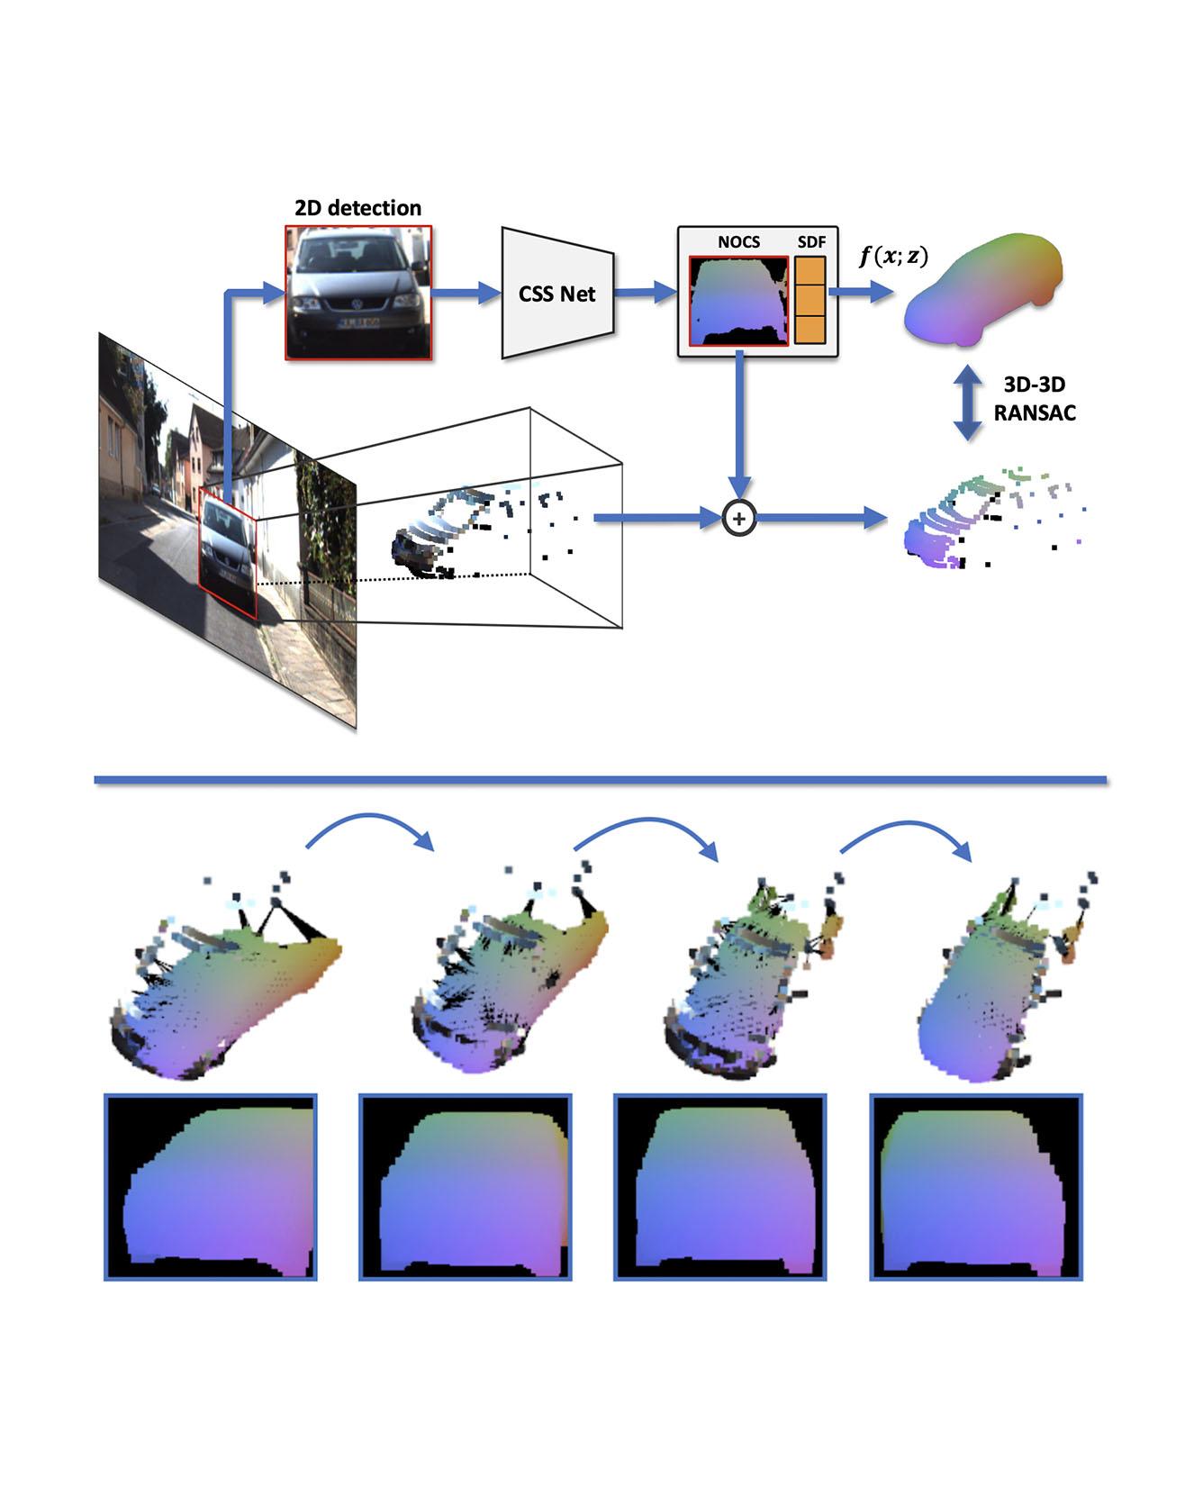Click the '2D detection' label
357,208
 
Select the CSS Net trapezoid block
557,293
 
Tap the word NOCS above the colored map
738,242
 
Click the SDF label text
811,242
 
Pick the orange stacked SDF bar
810,299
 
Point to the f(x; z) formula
892,257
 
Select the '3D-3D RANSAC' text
1035,398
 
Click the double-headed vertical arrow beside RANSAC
968,402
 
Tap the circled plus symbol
738,518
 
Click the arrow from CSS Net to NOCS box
645,292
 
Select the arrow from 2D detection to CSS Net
466,292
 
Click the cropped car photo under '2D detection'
359,293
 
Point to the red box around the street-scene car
229,558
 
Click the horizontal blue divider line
600,779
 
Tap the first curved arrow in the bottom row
371,829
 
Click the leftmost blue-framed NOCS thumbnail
211,1186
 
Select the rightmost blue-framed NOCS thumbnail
976,1186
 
